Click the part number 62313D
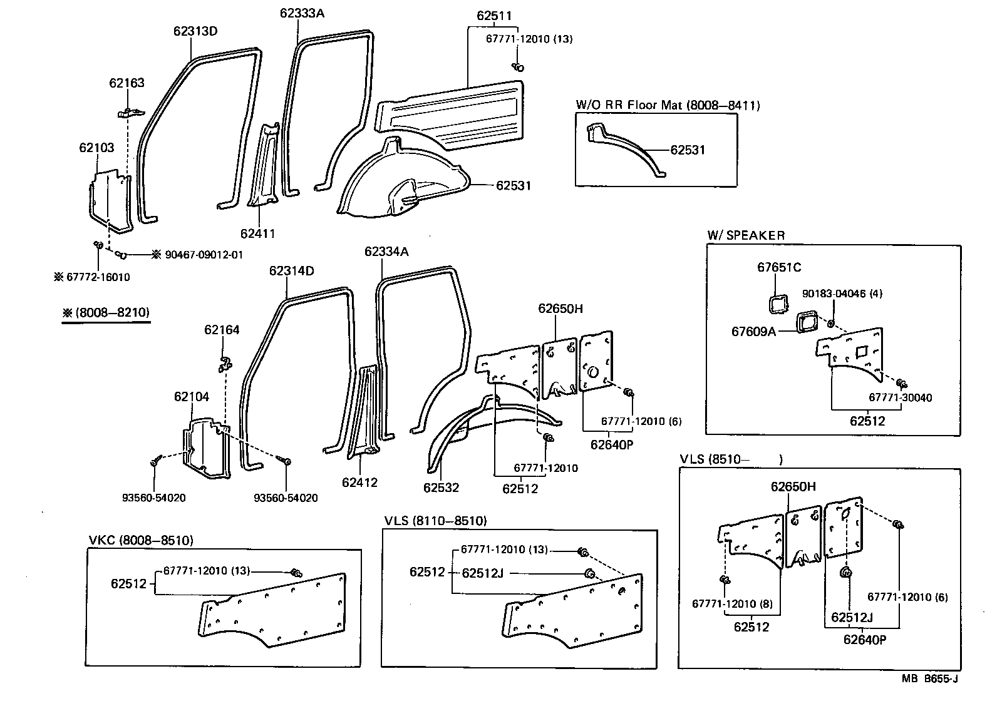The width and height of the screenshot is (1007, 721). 195,31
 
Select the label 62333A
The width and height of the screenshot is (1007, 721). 302,12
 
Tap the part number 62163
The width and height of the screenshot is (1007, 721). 127,83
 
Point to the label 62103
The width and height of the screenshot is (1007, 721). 96,148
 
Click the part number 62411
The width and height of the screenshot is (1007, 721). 257,233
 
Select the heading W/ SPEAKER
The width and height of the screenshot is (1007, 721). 745,235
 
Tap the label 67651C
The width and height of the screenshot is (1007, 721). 779,267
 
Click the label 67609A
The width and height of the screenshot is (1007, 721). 753,331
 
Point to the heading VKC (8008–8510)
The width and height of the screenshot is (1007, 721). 141,539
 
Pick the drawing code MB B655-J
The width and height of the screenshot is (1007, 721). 929,678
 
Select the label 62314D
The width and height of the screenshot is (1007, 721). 291,271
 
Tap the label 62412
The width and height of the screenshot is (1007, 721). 359,483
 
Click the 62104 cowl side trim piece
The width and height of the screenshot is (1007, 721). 204,444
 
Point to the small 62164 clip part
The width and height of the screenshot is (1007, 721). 224,362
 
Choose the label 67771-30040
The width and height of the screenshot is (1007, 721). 900,397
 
